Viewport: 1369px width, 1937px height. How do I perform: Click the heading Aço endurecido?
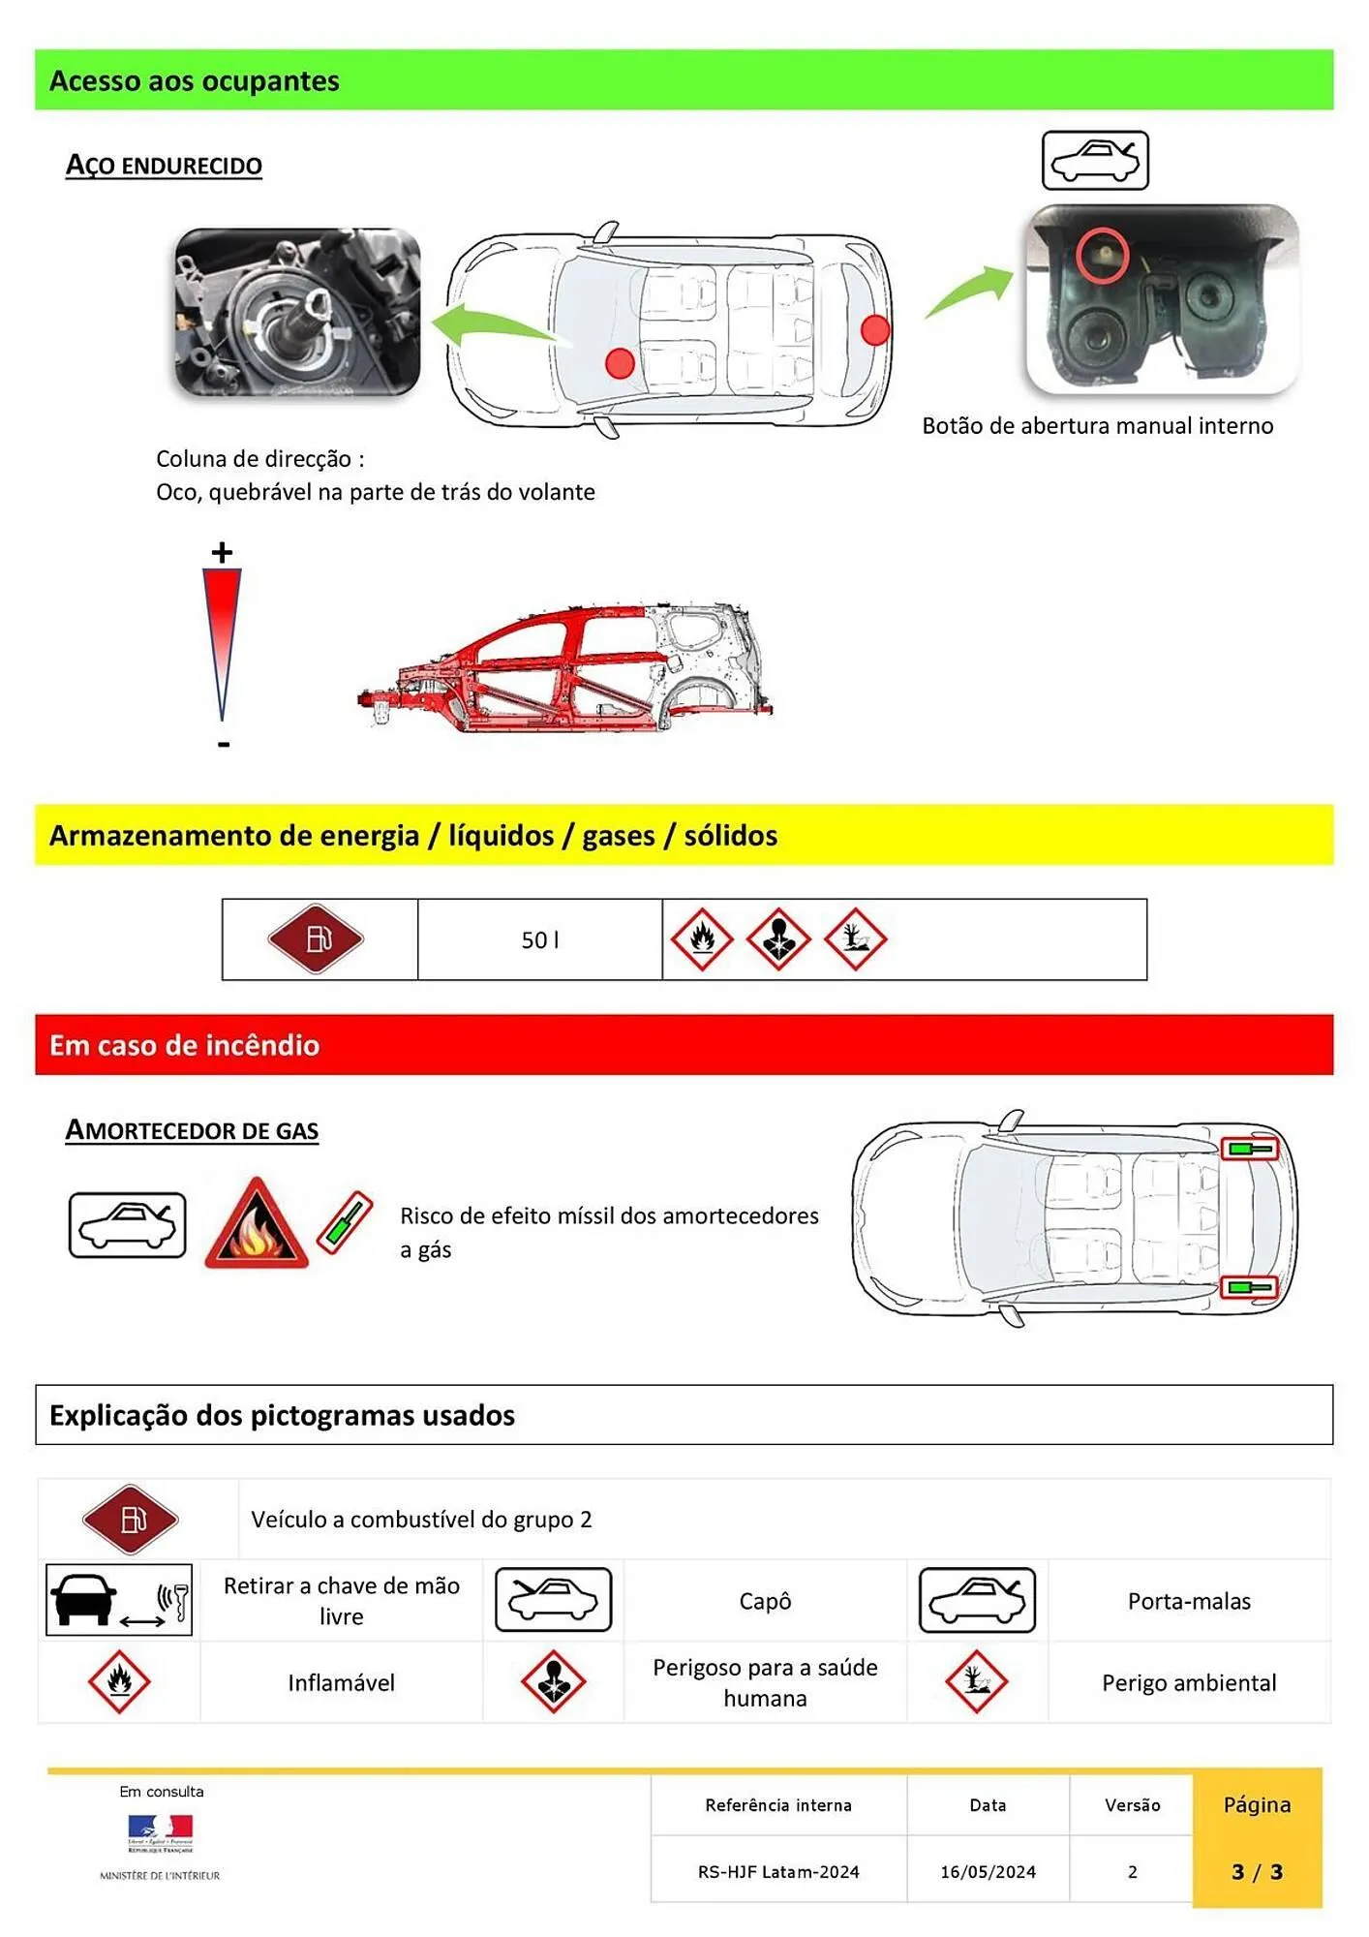click(x=164, y=166)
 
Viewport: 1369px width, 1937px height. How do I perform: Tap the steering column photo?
click(x=297, y=312)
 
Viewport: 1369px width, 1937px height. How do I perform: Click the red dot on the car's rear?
click(x=874, y=330)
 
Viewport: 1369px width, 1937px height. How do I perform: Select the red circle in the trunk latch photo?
click(x=1102, y=255)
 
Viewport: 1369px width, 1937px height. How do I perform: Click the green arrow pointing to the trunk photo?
click(x=969, y=292)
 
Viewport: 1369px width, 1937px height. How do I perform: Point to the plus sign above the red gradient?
click(x=222, y=553)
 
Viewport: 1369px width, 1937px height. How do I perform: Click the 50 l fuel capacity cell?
click(x=539, y=940)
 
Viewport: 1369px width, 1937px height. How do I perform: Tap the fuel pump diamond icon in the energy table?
click(x=316, y=938)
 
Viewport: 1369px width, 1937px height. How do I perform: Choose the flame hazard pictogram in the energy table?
click(x=702, y=938)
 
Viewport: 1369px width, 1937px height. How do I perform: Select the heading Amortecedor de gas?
click(x=192, y=1130)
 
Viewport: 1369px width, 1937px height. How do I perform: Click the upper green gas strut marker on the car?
click(x=1249, y=1149)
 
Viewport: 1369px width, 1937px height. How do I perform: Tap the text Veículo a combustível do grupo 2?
click(x=421, y=1520)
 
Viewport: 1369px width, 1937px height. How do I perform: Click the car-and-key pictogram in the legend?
click(x=119, y=1600)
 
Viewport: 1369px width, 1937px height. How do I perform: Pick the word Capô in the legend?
click(x=765, y=1601)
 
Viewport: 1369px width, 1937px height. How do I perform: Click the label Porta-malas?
click(x=1189, y=1601)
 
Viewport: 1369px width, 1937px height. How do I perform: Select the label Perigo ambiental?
click(x=1189, y=1682)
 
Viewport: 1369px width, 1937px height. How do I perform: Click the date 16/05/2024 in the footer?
click(x=988, y=1872)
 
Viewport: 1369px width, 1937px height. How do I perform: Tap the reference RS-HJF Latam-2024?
click(x=778, y=1872)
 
